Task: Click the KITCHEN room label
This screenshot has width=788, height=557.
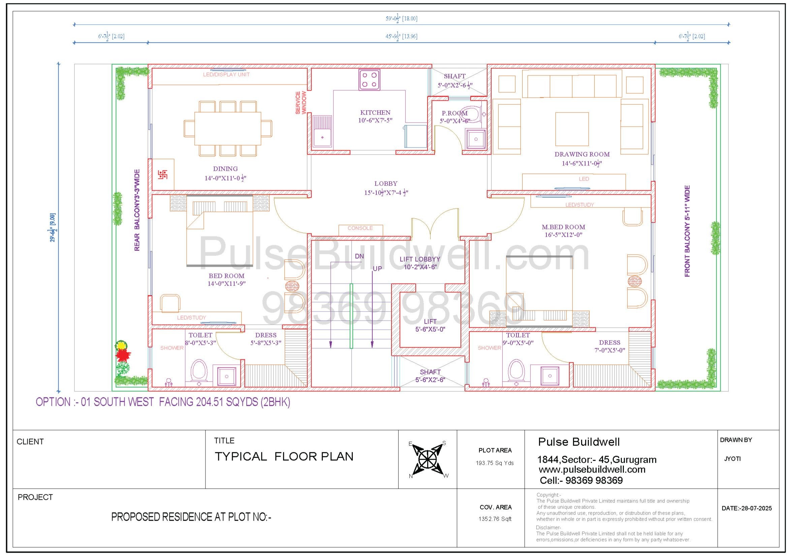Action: (x=375, y=112)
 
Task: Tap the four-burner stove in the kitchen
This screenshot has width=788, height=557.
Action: (x=369, y=79)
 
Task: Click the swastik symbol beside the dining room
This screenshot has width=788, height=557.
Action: (x=163, y=174)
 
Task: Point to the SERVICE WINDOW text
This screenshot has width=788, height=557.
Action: (x=301, y=103)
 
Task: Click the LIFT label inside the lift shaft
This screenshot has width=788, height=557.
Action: (x=430, y=321)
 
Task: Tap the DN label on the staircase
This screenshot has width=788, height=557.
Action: (x=359, y=256)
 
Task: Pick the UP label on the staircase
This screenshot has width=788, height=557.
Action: (x=377, y=268)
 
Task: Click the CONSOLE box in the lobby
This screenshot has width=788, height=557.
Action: (x=360, y=230)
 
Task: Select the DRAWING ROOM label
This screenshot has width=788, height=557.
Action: (x=582, y=154)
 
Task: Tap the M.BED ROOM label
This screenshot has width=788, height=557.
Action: (x=563, y=227)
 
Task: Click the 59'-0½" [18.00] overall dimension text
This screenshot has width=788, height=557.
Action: (x=402, y=19)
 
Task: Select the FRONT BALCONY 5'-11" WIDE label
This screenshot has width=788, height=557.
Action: (x=687, y=231)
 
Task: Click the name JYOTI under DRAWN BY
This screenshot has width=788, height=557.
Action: (x=732, y=459)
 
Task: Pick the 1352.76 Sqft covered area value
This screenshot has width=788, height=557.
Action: (x=495, y=519)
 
